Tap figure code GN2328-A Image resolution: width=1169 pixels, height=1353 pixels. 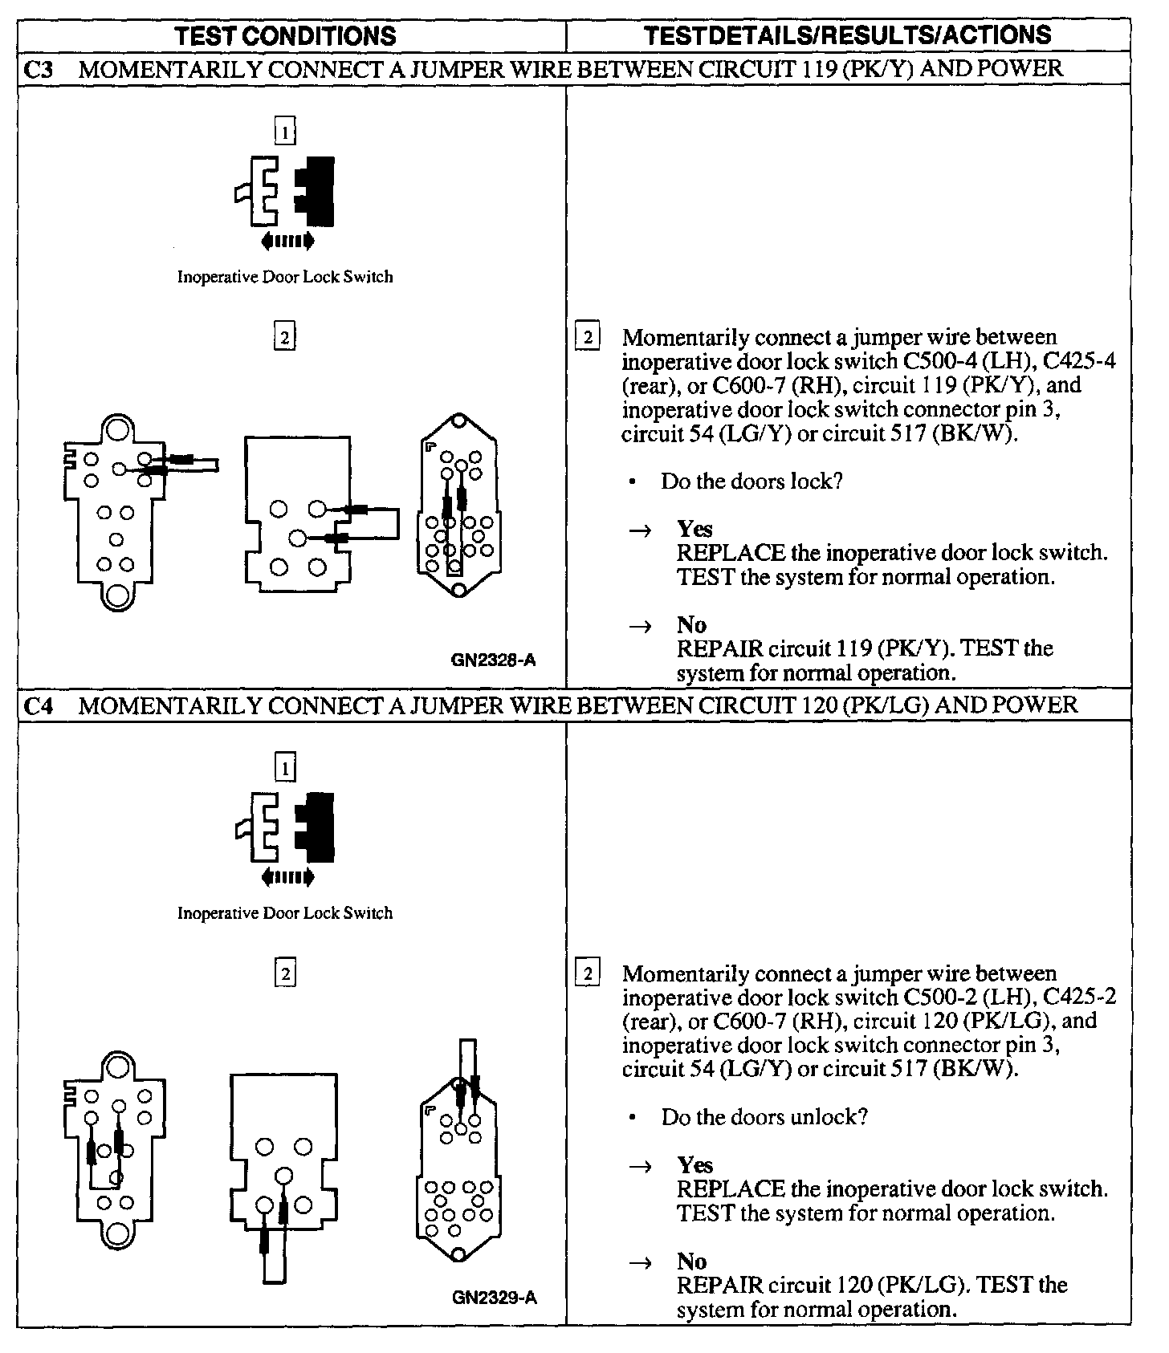point(493,660)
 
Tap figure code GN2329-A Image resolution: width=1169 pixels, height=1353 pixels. point(494,1298)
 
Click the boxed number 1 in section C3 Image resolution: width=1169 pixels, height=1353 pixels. point(285,130)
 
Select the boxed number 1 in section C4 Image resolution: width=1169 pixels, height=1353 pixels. point(285,769)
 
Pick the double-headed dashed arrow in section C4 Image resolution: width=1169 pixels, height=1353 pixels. point(287,877)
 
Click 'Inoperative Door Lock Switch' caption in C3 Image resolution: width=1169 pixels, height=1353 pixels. point(285,277)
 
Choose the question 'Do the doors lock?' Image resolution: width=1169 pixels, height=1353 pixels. point(751,481)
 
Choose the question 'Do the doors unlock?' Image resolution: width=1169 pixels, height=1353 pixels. point(764,1117)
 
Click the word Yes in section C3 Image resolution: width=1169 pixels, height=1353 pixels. point(694,529)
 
